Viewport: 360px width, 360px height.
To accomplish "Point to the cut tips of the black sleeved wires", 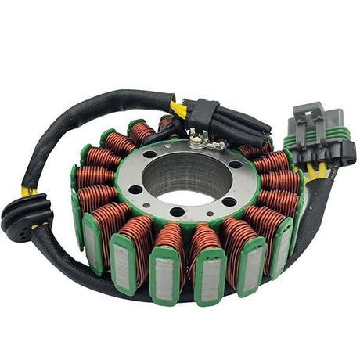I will [257, 133].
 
